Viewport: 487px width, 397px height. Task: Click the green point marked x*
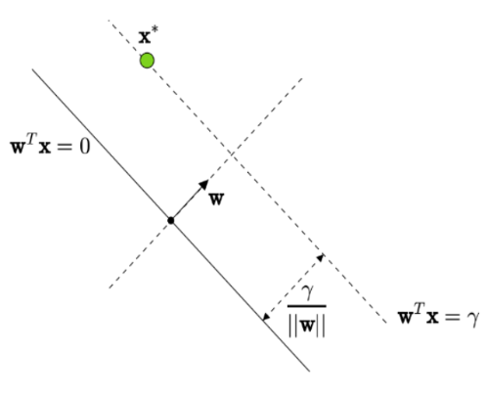pos(147,61)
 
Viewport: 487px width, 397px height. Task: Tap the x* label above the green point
pos(149,35)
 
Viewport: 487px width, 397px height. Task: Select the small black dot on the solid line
pos(171,221)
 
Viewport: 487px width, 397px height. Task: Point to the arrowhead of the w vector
pos(204,185)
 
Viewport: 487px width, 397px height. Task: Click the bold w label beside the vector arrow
pos(216,198)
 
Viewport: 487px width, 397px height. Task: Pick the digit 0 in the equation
pos(84,147)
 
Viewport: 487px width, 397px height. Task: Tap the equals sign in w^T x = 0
pos(65,148)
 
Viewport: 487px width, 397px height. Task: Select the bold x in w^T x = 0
pos(45,148)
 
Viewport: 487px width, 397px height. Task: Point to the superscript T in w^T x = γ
pos(420,308)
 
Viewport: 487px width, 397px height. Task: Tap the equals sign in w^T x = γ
pos(452,317)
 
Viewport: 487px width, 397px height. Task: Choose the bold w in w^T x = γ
pos(406,317)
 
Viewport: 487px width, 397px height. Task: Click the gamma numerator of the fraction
pos(307,291)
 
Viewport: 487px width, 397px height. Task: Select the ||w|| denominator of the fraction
pos(307,326)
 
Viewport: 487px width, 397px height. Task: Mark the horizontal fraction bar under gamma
pos(307,306)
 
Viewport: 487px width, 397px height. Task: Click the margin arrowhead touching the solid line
pos(266,317)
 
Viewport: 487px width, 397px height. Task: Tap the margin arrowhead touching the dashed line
pos(321,258)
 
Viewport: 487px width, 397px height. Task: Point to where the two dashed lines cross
pos(232,153)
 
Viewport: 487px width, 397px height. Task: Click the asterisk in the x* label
pos(155,29)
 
